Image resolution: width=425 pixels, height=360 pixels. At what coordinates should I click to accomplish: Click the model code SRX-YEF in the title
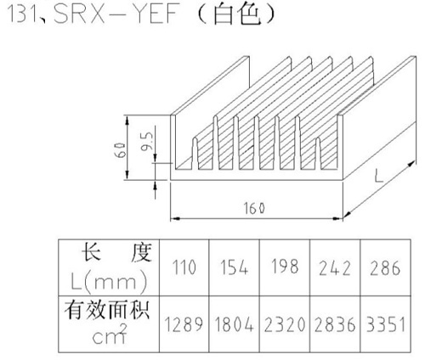116,14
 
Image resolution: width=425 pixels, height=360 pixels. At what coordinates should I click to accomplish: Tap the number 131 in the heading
21,14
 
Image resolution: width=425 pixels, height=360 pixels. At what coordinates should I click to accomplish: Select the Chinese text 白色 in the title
236,14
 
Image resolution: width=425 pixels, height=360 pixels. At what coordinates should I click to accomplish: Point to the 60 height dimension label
121,149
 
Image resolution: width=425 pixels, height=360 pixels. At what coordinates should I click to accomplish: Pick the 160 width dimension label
254,209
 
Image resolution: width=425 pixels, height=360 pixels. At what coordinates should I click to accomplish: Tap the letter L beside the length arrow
378,176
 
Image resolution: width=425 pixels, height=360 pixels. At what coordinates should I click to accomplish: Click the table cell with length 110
184,267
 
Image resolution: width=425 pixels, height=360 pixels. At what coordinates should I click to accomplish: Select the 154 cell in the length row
235,267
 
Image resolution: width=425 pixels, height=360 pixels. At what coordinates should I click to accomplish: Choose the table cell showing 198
285,267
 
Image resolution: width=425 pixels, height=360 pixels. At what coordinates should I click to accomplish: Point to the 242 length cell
335,268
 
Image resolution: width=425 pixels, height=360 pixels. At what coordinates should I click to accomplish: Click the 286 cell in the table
385,268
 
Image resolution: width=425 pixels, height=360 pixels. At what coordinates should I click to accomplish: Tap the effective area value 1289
184,324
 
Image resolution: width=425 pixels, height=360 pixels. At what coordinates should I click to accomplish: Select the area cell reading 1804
234,324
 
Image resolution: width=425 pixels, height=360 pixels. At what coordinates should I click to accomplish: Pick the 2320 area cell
285,324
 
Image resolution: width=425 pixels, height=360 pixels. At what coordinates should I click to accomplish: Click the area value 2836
335,324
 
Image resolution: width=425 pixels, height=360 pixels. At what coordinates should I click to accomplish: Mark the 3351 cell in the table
385,324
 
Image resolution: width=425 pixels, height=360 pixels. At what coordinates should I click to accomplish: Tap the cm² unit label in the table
110,335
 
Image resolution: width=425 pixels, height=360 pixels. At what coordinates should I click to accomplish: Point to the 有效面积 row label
107,311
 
